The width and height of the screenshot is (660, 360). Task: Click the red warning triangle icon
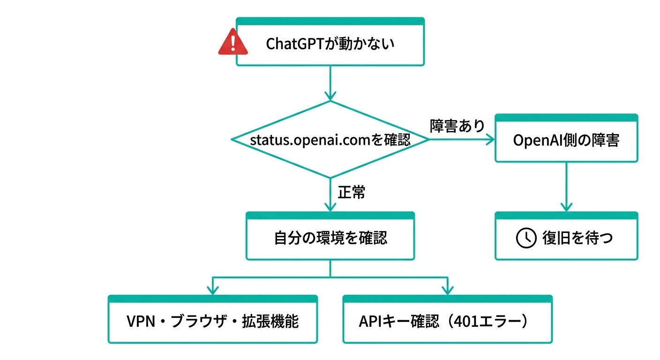click(x=233, y=42)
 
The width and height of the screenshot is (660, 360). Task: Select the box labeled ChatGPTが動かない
click(x=330, y=44)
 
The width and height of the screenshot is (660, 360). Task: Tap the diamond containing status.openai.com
click(x=330, y=140)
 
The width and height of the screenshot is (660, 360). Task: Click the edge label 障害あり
click(x=457, y=126)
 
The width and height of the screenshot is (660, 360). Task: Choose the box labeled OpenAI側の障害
click(x=566, y=141)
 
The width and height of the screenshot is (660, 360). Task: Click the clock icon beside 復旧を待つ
click(x=526, y=238)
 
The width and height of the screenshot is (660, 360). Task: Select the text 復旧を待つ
click(x=577, y=238)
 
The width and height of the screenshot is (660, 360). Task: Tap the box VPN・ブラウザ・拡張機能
click(x=213, y=322)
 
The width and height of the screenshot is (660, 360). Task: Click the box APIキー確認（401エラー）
click(x=447, y=322)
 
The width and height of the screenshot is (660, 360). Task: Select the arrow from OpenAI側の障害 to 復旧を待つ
click(x=566, y=187)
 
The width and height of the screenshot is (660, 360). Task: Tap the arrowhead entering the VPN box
click(x=213, y=290)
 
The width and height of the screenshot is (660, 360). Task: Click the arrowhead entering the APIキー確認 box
click(x=447, y=290)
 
